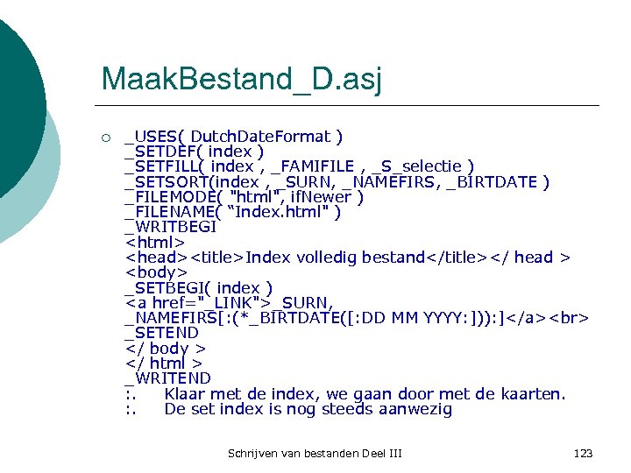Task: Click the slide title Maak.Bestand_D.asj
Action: [241, 79]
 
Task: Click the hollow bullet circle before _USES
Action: [105, 138]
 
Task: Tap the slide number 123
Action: [583, 453]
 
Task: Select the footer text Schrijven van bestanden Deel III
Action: [315, 453]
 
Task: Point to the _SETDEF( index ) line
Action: [195, 152]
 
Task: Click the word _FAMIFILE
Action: [313, 166]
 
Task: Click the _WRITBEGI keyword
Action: [171, 227]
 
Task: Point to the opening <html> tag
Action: [155, 243]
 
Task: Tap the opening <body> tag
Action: [156, 272]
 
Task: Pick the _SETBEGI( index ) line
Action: [199, 288]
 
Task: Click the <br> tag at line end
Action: [570, 318]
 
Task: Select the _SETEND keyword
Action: [162, 333]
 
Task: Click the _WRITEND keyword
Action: [168, 378]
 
